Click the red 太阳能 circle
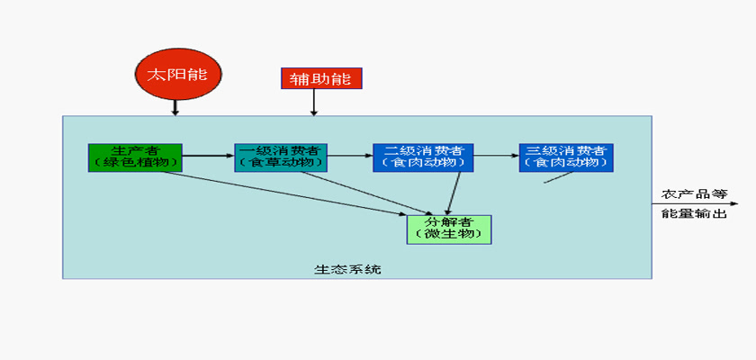tap(178, 74)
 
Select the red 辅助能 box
tap(321, 78)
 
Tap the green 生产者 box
tap(135, 157)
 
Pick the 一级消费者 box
tap(281, 157)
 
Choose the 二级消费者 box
tap(423, 157)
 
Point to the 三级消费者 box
tap(566, 157)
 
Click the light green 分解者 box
tap(449, 229)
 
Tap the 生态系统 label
tap(347, 269)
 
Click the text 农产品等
tap(694, 194)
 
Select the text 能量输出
tap(694, 214)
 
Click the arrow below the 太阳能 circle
tap(175, 107)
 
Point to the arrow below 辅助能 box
tap(314, 103)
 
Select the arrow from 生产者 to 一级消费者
tap(208, 156)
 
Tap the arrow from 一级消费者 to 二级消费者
tap(350, 156)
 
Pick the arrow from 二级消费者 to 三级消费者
tap(497, 156)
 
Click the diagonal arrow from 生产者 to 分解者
tap(284, 193)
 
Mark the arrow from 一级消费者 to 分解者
tap(365, 193)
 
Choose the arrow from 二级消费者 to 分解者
tap(454, 193)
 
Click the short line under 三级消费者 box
tap(558, 177)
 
